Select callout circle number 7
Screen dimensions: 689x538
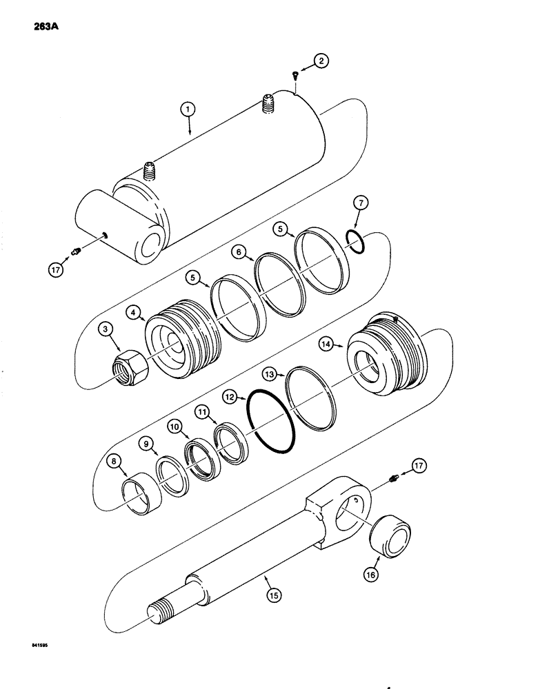[363, 204]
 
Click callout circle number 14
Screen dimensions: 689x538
[326, 342]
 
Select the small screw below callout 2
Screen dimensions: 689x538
[294, 77]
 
